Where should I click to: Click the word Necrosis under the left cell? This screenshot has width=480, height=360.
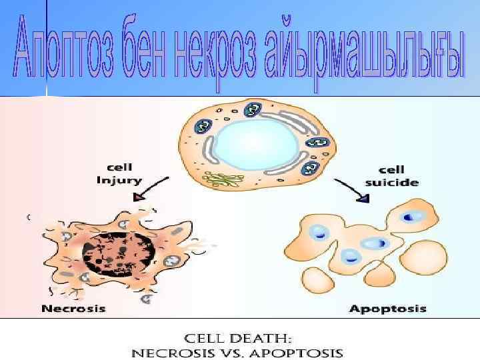tap(73, 308)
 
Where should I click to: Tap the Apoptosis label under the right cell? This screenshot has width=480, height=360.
tap(387, 309)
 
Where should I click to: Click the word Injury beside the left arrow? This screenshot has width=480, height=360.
tap(119, 179)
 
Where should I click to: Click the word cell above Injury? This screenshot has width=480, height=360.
tap(119, 167)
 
